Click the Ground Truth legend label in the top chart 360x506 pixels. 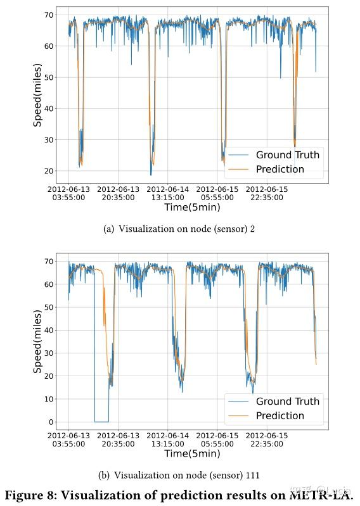pyautogui.click(x=287, y=155)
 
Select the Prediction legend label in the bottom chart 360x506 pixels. pyautogui.click(x=280, y=415)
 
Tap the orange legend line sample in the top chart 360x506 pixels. pyautogui.click(x=239, y=169)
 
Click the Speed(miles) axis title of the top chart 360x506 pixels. pyautogui.click(x=37, y=95)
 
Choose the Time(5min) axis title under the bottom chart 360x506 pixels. pyautogui.click(x=192, y=453)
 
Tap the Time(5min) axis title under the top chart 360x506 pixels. pyautogui.click(x=192, y=207)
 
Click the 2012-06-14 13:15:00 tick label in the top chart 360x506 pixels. pyautogui.click(x=169, y=193)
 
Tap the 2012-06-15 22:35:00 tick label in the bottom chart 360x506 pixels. pyautogui.click(x=267, y=440)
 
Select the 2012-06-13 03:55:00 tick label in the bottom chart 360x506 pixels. pyautogui.click(x=69, y=440)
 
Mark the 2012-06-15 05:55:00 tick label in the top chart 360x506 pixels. pyautogui.click(x=217, y=193)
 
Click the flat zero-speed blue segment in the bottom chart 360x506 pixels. pyautogui.click(x=101, y=421)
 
